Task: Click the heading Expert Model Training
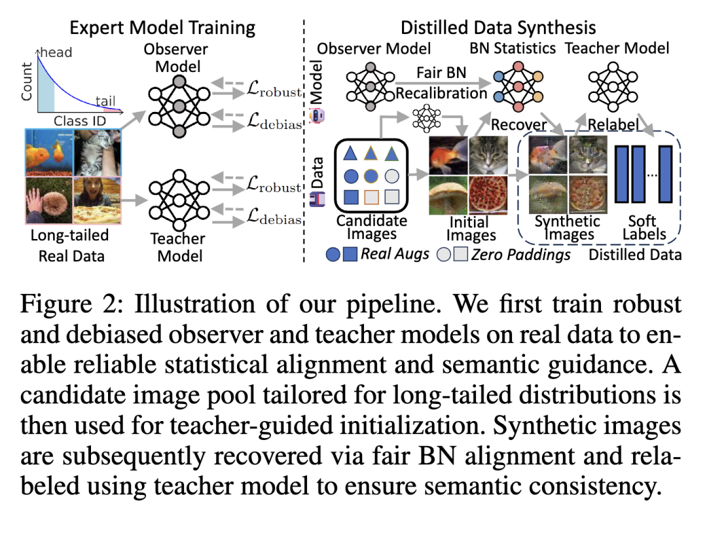[x=162, y=28]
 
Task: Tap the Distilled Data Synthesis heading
[x=498, y=28]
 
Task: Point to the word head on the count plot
[x=57, y=52]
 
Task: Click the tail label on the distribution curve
[x=106, y=101]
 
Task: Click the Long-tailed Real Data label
[x=70, y=245]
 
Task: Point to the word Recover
[x=518, y=125]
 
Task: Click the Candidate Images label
[x=371, y=227]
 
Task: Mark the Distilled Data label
[x=635, y=255]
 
